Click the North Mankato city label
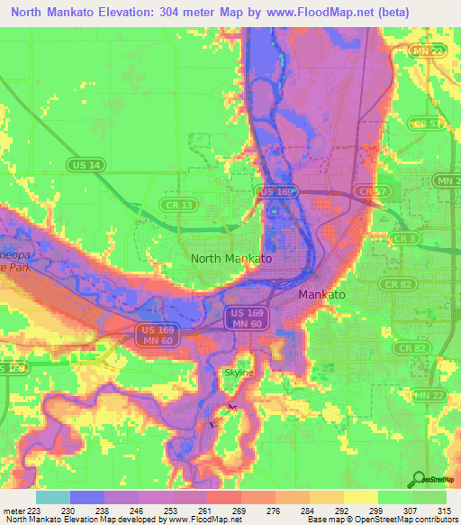(230, 258)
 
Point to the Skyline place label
(239, 373)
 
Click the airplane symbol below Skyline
(212, 422)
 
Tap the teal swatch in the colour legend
(53, 497)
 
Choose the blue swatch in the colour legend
(87, 497)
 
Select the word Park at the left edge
(15, 268)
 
